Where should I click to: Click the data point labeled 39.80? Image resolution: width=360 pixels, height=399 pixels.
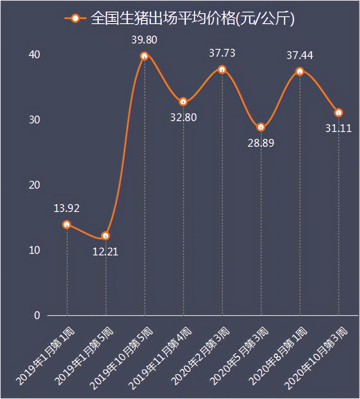click(x=144, y=56)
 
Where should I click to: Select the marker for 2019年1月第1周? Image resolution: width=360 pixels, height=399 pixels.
click(x=67, y=224)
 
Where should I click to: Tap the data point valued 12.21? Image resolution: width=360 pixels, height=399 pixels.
click(x=106, y=236)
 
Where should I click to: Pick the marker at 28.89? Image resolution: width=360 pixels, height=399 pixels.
click(x=261, y=127)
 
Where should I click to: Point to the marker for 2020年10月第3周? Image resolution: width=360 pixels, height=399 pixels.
click(x=339, y=113)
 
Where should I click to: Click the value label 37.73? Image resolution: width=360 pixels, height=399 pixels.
click(x=222, y=53)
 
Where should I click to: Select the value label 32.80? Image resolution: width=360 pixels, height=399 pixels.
click(x=183, y=117)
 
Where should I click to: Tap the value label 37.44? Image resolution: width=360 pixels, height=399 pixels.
click(x=299, y=56)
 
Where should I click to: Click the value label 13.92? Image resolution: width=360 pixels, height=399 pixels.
click(x=67, y=208)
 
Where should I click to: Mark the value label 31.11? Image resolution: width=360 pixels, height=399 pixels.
click(x=339, y=128)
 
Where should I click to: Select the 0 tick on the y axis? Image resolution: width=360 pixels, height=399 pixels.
click(x=37, y=316)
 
